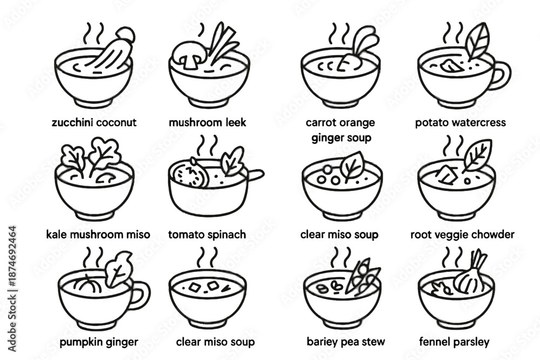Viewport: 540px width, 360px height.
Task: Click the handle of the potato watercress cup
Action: click(502, 76)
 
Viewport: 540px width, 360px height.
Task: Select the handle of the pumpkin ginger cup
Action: click(140, 295)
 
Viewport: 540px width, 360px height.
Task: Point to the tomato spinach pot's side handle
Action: click(255, 174)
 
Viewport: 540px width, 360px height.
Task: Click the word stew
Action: click(374, 342)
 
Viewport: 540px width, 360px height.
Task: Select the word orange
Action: click(356, 123)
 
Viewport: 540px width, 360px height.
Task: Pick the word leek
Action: click(236, 122)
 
